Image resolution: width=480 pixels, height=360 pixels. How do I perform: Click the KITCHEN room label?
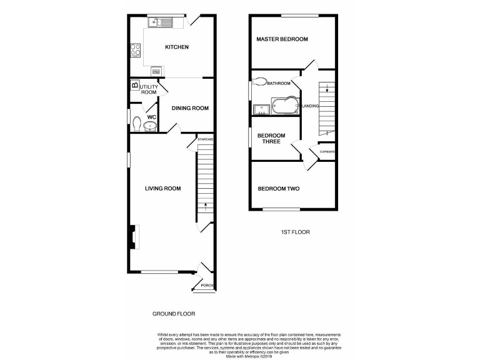[176, 47]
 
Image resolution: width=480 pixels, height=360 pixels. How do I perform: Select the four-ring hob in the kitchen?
[134, 49]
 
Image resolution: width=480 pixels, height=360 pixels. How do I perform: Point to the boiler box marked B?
[134, 86]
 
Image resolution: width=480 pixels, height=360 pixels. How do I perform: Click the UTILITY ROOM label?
[149, 89]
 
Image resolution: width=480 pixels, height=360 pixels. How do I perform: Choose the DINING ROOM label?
[190, 108]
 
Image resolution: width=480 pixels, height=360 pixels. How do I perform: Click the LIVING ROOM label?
[162, 188]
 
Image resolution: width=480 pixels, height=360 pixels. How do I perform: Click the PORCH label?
[207, 286]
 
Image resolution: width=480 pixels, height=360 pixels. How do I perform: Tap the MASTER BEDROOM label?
[282, 39]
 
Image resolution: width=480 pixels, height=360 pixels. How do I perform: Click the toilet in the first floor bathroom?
[261, 81]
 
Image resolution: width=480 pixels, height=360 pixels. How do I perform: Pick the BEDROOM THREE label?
[271, 139]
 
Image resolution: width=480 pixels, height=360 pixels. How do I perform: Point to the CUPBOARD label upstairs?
[327, 152]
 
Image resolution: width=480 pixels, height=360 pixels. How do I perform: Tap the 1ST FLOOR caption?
[294, 232]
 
